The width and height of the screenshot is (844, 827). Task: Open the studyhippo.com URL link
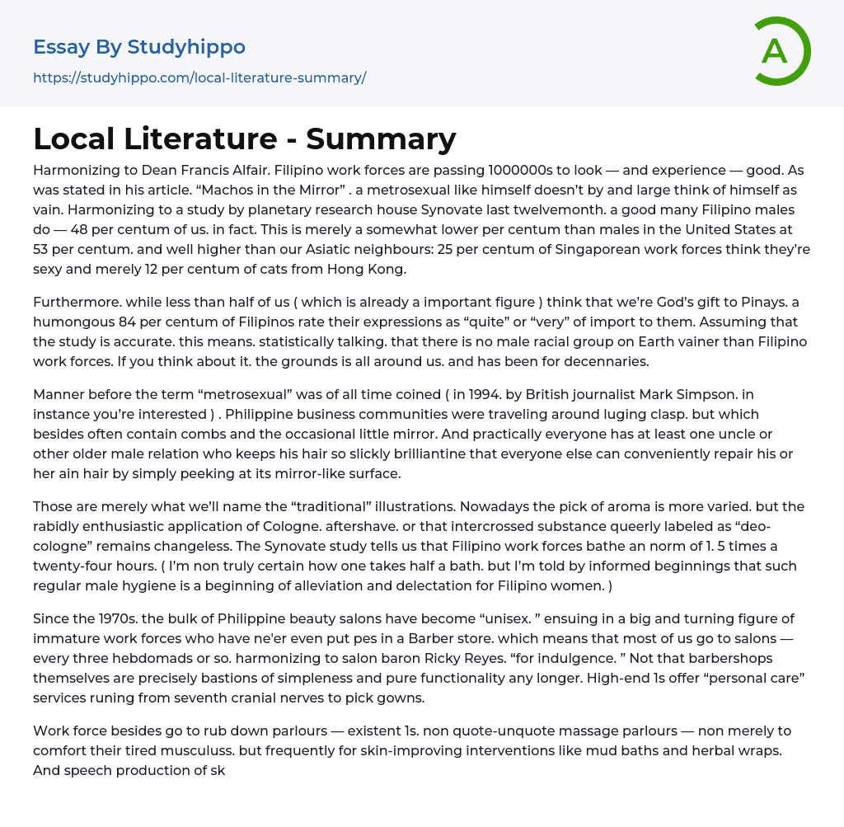[x=199, y=78]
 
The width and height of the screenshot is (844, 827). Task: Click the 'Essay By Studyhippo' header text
[x=139, y=47]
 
